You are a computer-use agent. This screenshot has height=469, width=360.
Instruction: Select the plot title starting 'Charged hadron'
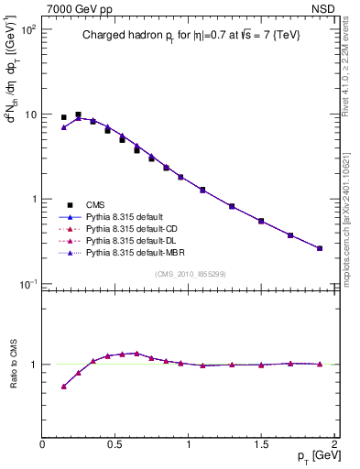pyautogui.click(x=190, y=35)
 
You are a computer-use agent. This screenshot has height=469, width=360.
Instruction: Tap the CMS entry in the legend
pyautogui.click(x=97, y=204)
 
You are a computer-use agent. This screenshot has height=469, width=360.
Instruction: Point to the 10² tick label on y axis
pyautogui.click(x=28, y=28)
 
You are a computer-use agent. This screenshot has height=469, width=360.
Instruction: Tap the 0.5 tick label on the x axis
pyautogui.click(x=115, y=443)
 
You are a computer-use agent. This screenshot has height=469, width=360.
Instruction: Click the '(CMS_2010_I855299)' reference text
pyautogui.click(x=190, y=274)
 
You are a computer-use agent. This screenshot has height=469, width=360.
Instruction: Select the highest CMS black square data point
pyautogui.click(x=78, y=115)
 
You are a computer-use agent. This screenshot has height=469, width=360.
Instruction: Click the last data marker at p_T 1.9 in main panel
pyautogui.click(x=320, y=248)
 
